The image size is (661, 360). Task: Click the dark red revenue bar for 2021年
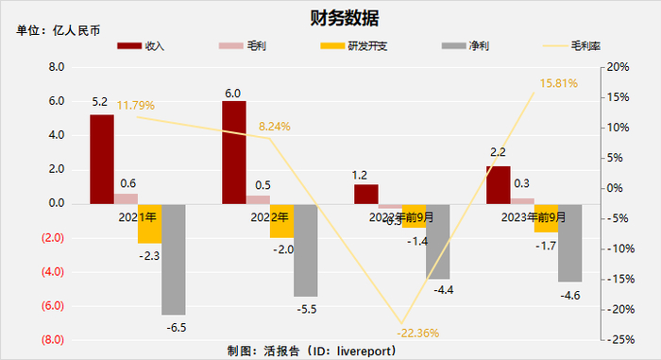(x=102, y=159)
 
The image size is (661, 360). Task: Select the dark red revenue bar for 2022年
(x=233, y=152)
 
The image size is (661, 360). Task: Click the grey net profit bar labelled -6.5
(x=174, y=259)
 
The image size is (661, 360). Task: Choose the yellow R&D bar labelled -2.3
(x=149, y=223)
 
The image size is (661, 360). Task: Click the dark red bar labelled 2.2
(x=498, y=184)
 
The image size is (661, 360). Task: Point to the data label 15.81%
(x=558, y=84)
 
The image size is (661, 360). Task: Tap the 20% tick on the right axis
(x=619, y=68)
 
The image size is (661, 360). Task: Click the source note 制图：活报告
(x=312, y=351)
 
